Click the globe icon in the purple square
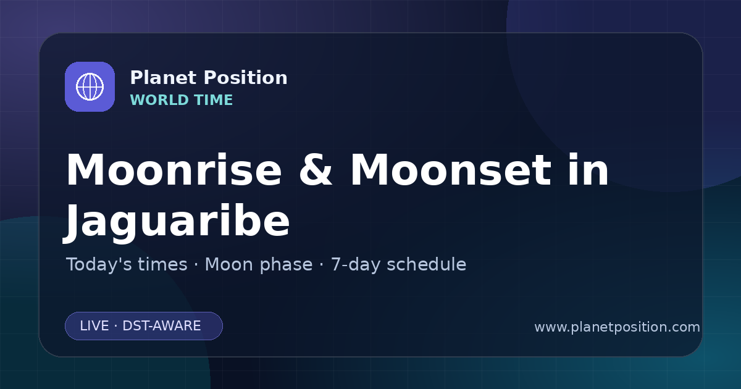point(90,86)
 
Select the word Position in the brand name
point(246,78)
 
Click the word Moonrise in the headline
point(174,170)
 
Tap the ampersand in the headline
point(316,170)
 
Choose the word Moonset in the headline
point(451,170)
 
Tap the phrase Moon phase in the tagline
point(259,265)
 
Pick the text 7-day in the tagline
point(356,265)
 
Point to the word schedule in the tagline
point(427,264)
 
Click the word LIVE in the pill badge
point(94,326)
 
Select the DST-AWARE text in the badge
point(162,326)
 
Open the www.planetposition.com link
point(617,327)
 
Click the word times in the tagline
point(163,264)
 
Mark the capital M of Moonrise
point(87,170)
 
